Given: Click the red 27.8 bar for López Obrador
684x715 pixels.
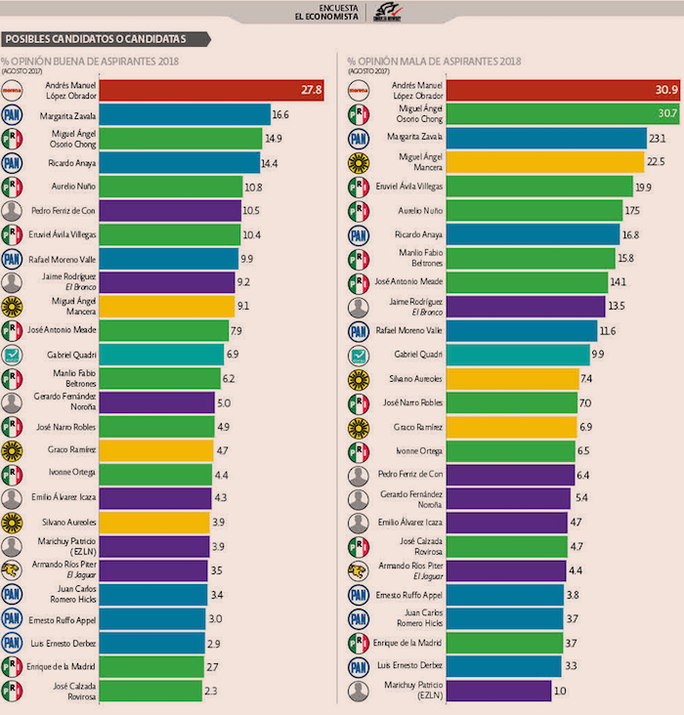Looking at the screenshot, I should click(x=195, y=90).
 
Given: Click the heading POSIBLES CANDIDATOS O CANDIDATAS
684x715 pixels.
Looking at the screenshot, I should click(x=107, y=40).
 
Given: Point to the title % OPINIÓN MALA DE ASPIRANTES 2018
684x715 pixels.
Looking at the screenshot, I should click(x=440, y=63).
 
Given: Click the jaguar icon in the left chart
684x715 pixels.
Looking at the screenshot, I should click(x=13, y=569).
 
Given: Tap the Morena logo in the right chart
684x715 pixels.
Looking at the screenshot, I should click(x=360, y=90).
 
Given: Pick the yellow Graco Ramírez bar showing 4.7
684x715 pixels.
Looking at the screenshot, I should click(x=156, y=449).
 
